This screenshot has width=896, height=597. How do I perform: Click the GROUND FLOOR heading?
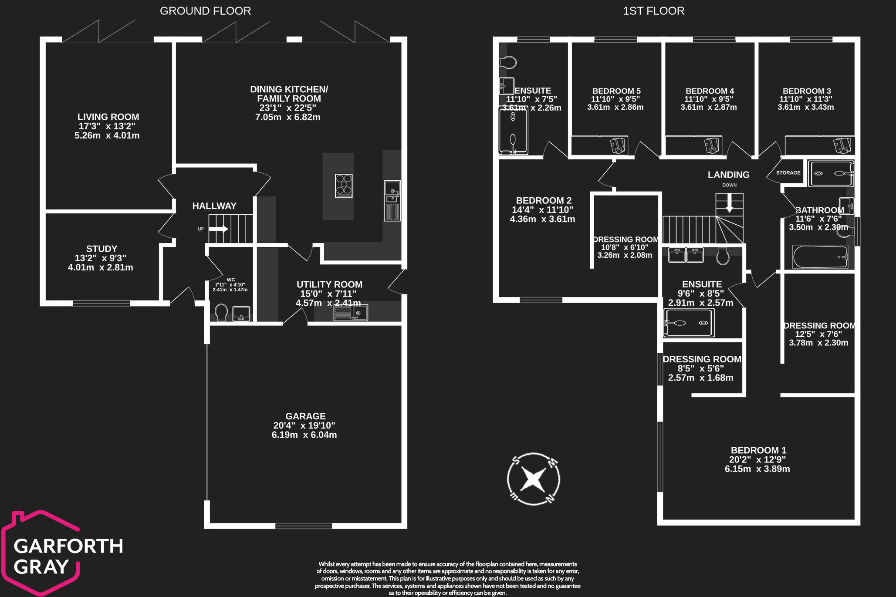(205, 11)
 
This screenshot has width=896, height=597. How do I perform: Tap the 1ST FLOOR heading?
(653, 11)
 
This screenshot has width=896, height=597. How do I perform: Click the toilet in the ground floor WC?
(221, 312)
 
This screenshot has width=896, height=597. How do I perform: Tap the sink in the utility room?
(351, 312)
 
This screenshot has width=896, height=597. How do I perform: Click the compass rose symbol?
(534, 479)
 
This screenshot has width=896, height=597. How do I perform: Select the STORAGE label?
(788, 173)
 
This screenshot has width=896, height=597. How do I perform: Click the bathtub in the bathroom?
(820, 257)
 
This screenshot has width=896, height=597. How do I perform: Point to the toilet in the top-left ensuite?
(507, 62)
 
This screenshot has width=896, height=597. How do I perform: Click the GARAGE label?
(305, 416)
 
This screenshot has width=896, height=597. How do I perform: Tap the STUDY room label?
(101, 249)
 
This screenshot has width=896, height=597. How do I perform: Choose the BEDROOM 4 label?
(710, 91)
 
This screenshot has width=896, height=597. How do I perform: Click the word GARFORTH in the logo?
(68, 546)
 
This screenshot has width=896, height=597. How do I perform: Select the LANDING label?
(728, 175)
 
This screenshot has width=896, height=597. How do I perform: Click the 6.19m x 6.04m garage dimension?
(304, 435)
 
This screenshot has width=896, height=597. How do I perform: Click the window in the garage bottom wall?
(304, 526)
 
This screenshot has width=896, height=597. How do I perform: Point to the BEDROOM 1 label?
(758, 450)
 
